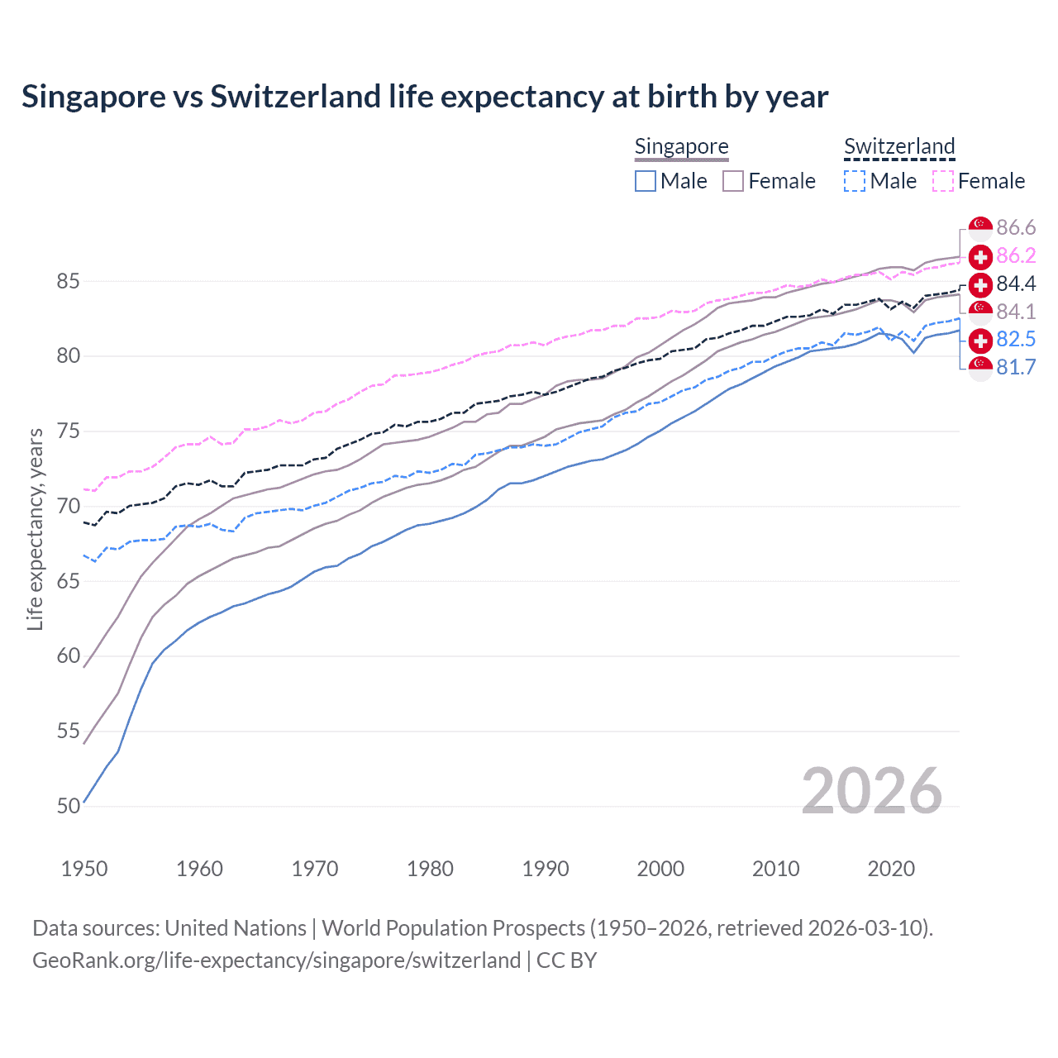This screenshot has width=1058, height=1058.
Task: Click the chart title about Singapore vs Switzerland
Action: tap(425, 97)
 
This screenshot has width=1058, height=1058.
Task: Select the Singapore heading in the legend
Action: tap(681, 146)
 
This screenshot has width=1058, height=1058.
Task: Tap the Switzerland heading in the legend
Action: tap(899, 146)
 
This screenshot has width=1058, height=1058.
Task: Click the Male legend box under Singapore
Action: tap(646, 181)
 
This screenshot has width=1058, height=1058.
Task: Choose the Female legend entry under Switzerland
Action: tap(979, 181)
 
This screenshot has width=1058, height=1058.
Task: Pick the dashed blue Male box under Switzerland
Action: tap(855, 181)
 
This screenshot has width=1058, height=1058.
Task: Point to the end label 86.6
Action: tap(1016, 227)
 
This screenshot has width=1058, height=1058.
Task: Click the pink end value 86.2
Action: tap(1016, 255)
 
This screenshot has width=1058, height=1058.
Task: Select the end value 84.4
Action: tap(1016, 284)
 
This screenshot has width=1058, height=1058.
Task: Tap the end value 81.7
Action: tap(1016, 367)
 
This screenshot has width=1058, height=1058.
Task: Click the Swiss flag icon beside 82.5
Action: tap(980, 340)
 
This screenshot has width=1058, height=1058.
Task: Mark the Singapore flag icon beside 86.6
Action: tap(980, 227)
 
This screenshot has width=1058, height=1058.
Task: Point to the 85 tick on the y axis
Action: tap(68, 281)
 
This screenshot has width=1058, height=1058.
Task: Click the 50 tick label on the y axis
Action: tap(68, 806)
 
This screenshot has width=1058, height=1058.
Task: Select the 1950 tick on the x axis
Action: tap(84, 869)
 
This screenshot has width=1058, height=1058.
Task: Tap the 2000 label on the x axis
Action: tap(660, 869)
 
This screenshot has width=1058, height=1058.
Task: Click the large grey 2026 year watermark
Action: tap(871, 791)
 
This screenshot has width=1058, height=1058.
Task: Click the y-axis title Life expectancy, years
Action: tap(35, 529)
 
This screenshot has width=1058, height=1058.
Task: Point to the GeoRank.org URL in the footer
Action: tap(276, 960)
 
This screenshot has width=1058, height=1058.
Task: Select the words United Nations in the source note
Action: tap(236, 927)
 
